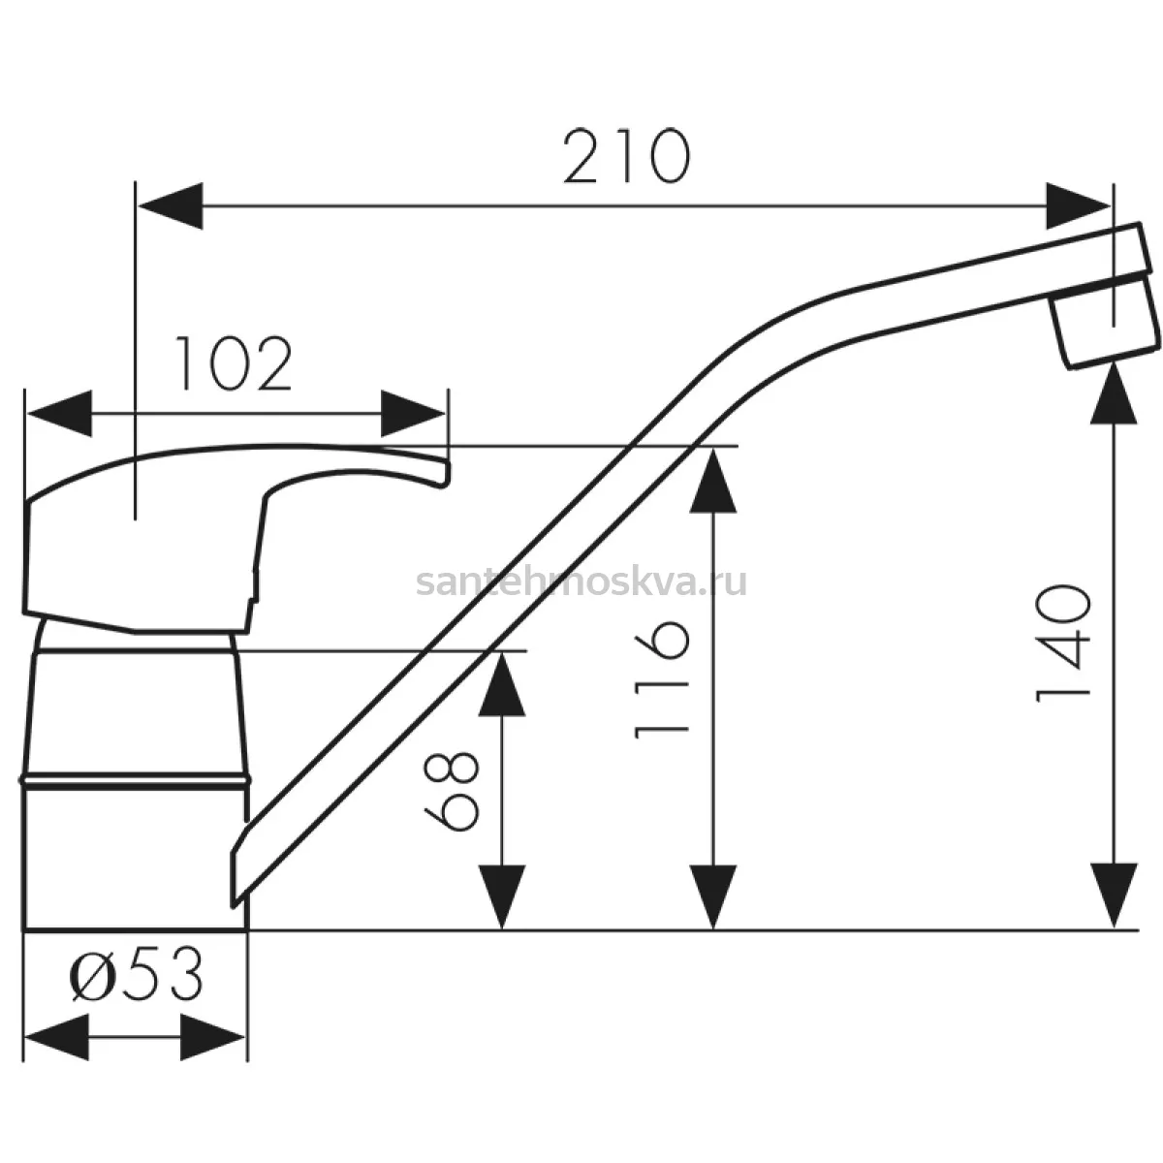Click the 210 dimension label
coord(626,156)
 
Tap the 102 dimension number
coord(233,364)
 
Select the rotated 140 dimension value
coord(1063,644)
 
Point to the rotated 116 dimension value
coord(662,680)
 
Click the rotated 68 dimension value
coord(452,791)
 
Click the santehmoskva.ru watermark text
coord(581,582)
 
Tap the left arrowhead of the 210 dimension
coord(171,205)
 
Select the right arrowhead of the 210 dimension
coord(1078,205)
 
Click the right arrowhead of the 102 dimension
coord(413,414)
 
